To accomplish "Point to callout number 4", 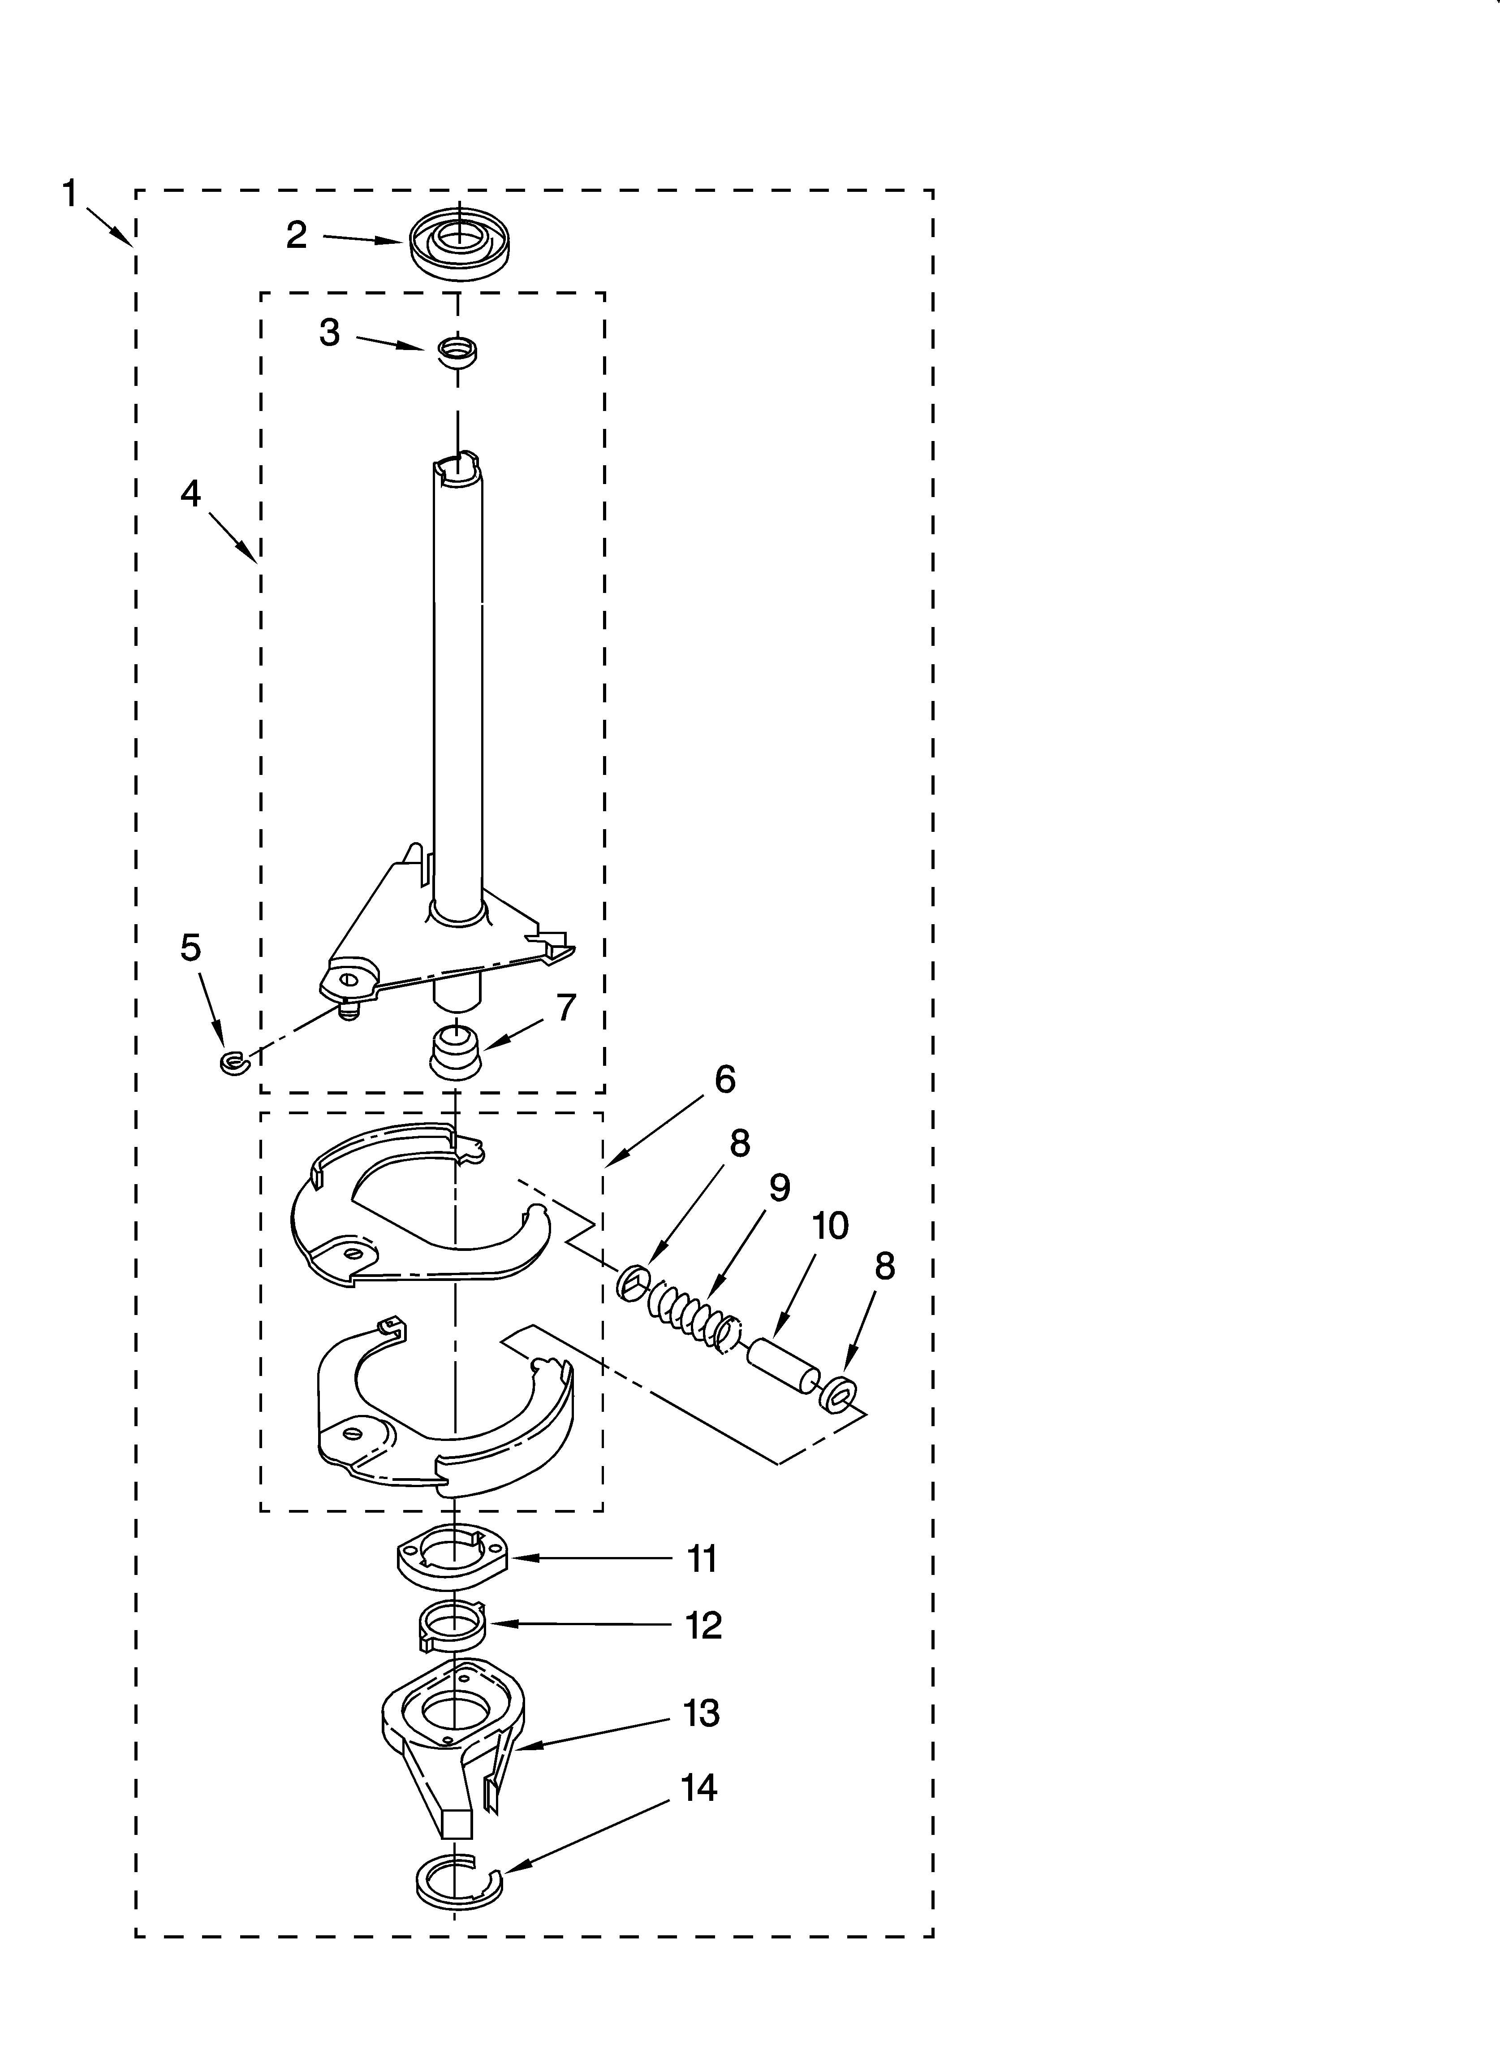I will pyautogui.click(x=190, y=493).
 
